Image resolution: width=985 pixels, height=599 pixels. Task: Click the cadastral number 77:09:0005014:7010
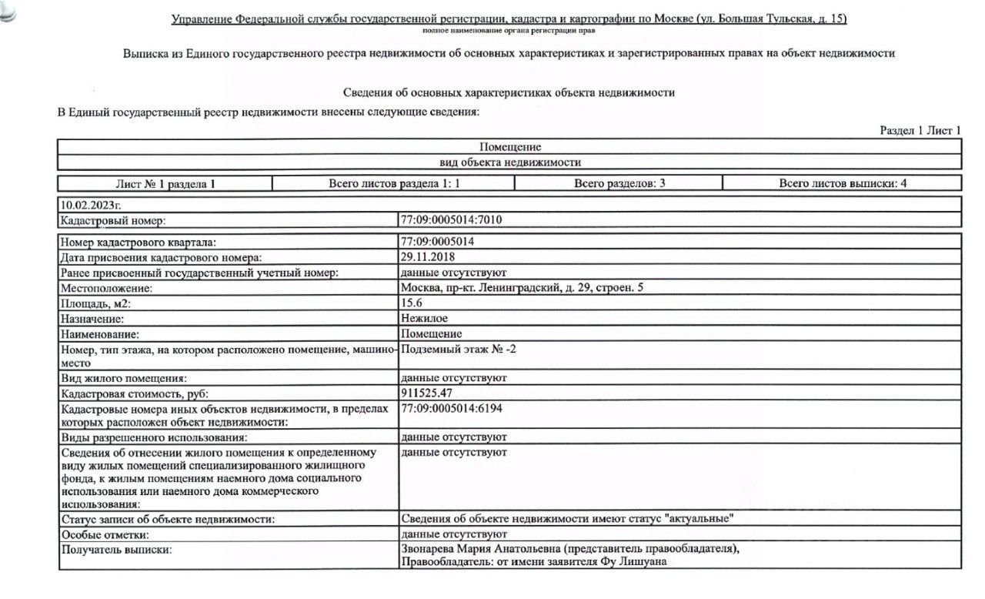451,220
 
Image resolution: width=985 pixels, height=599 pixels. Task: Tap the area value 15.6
411,303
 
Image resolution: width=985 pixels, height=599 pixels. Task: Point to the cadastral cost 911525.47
427,393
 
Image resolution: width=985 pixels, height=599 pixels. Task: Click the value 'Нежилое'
423,318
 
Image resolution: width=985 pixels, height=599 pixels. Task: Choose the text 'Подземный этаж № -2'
462,349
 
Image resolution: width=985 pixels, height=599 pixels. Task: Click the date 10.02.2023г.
90,205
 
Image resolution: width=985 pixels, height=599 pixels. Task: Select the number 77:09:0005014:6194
452,408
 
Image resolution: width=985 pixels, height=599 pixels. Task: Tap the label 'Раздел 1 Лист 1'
920,131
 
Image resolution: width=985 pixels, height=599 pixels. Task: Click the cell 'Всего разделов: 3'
619,183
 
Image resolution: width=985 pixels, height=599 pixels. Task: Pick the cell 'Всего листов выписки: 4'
842,183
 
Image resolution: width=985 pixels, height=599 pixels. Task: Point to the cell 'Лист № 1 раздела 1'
165,184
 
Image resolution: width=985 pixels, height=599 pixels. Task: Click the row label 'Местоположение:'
106,288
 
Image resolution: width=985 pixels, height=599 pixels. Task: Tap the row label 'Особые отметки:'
104,534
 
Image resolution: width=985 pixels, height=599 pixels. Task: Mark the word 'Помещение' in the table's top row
509,146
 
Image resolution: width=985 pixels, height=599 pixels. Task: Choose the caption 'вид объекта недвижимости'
509,162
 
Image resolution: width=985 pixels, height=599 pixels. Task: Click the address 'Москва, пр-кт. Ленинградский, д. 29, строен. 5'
522,288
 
